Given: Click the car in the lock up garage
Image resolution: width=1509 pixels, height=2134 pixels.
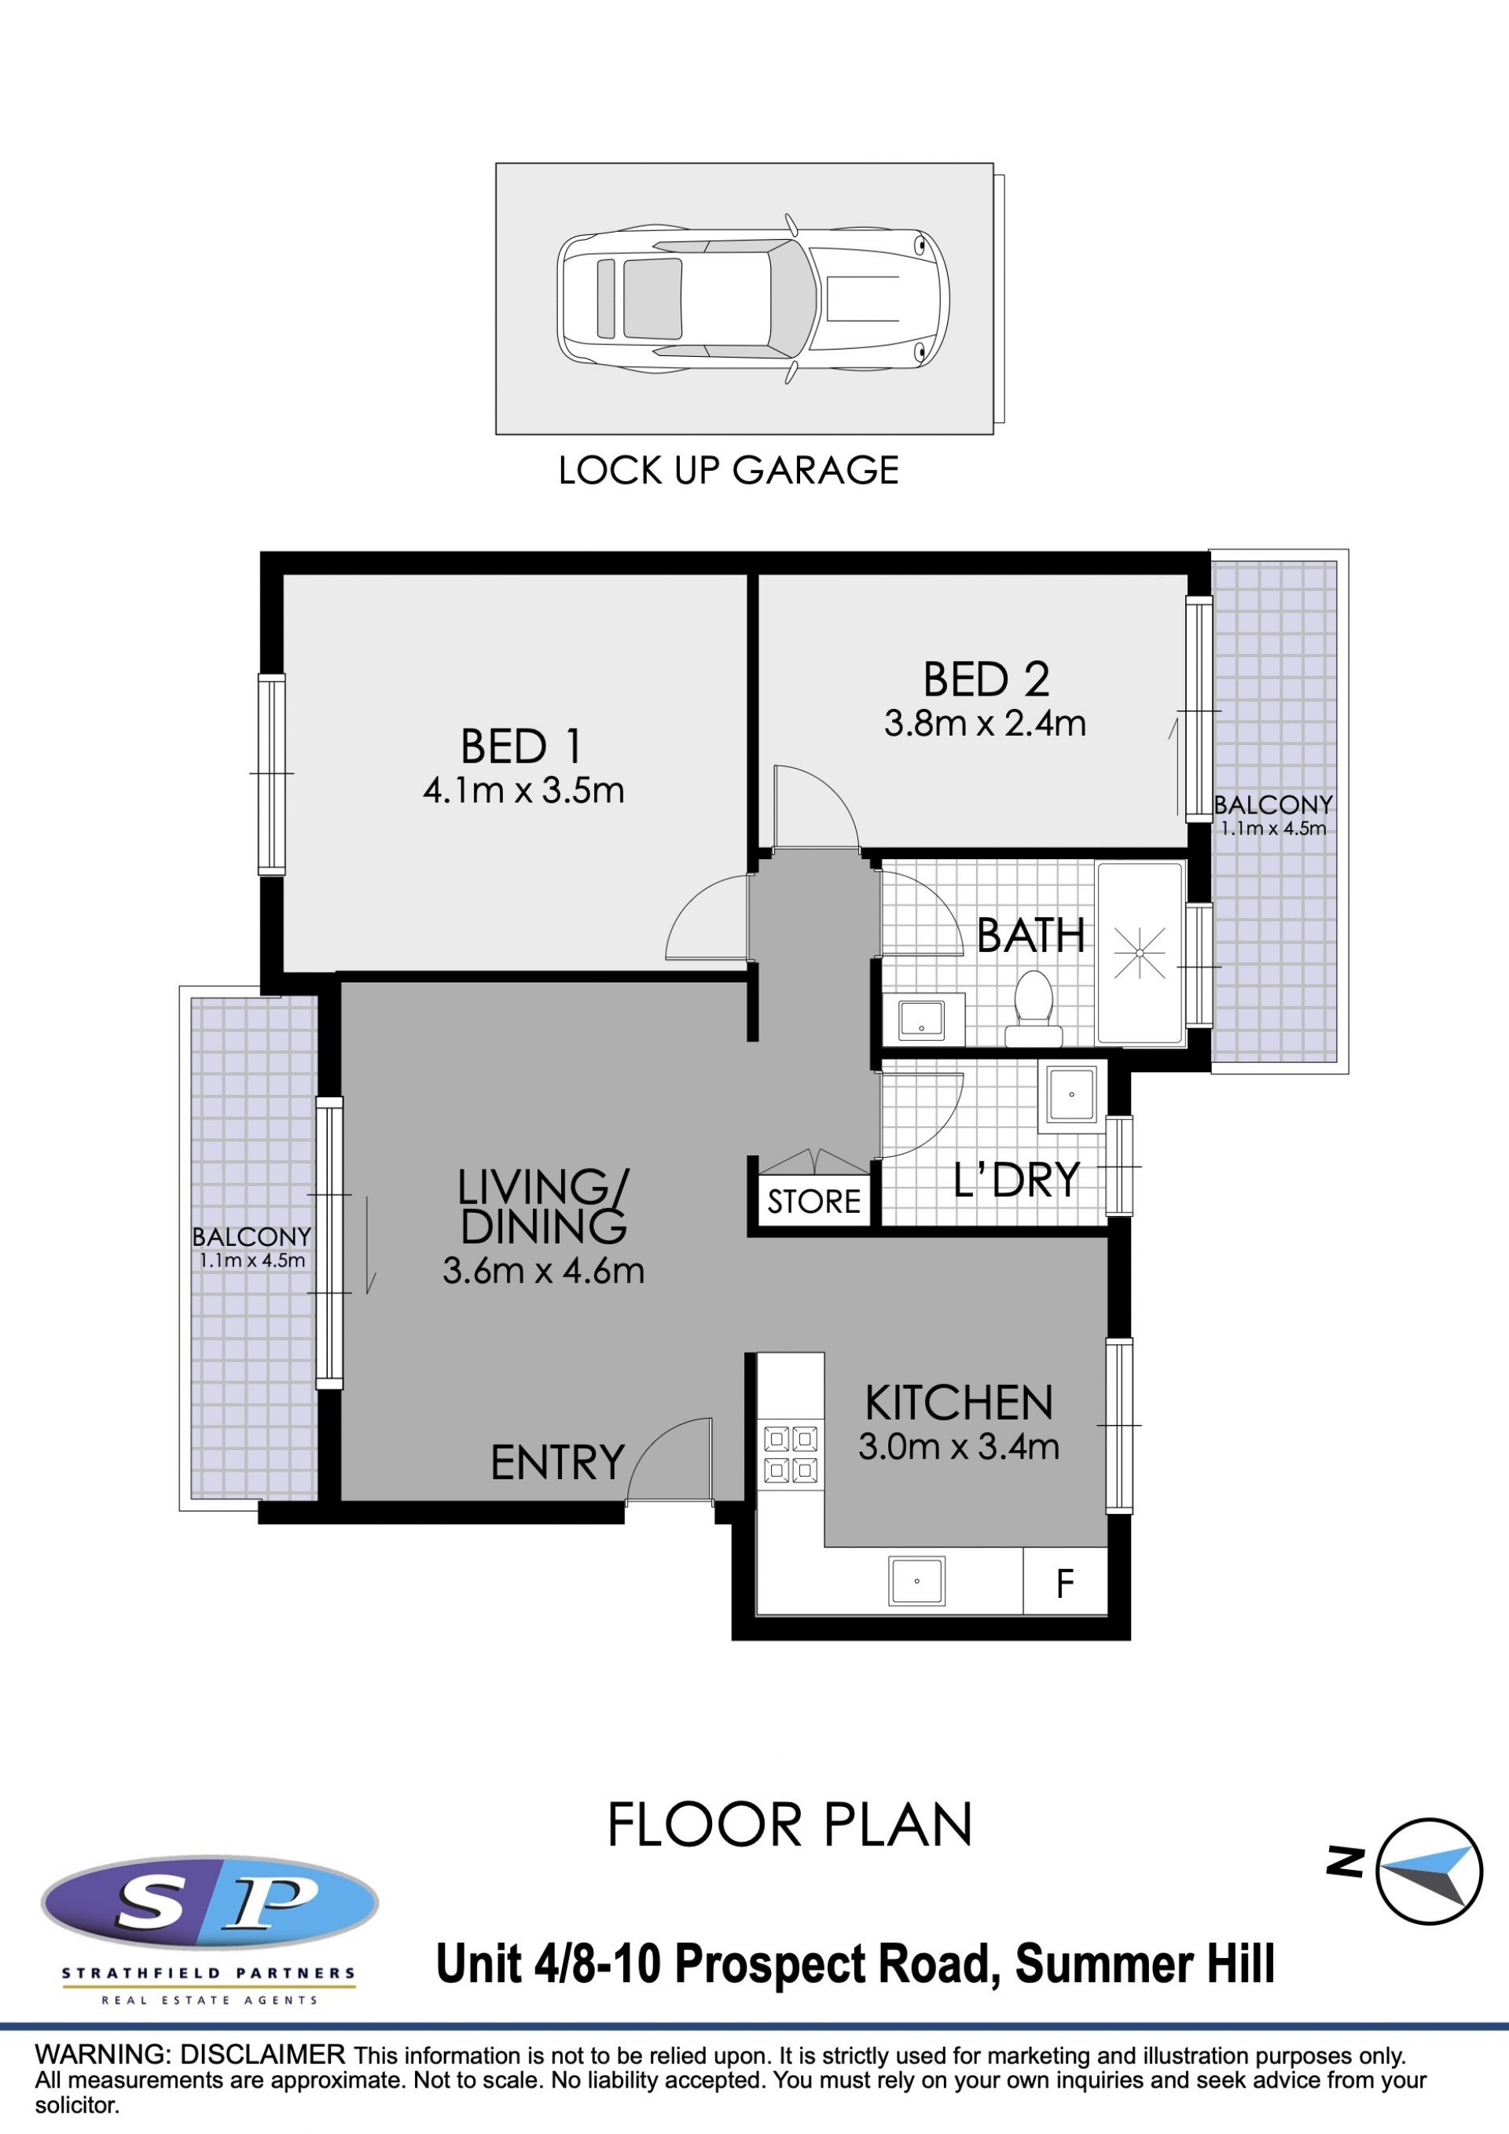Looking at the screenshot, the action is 753,299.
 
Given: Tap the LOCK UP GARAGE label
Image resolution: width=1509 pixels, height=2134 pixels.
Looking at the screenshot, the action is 729,470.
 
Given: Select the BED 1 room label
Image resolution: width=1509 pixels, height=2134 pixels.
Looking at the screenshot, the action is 521,747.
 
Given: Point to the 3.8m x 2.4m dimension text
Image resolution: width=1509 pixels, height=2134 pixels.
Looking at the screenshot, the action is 985,723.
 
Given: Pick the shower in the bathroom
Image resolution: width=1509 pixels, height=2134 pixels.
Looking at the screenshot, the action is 1139,953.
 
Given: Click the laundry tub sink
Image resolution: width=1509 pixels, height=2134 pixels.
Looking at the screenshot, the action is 1071,1094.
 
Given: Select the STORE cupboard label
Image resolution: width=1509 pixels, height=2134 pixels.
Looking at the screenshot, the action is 814,1202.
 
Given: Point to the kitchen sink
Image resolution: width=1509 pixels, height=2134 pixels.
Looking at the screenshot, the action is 917,1581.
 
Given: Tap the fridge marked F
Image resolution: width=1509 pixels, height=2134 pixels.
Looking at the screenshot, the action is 1065,1581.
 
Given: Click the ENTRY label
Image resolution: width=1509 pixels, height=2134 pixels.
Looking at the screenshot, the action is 557,1463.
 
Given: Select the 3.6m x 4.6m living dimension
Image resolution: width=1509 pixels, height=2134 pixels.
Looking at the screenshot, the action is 544,1270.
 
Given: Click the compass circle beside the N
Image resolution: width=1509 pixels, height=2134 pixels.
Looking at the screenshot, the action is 1429,1871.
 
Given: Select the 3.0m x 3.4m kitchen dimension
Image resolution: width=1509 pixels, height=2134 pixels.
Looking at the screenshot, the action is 959,1446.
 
